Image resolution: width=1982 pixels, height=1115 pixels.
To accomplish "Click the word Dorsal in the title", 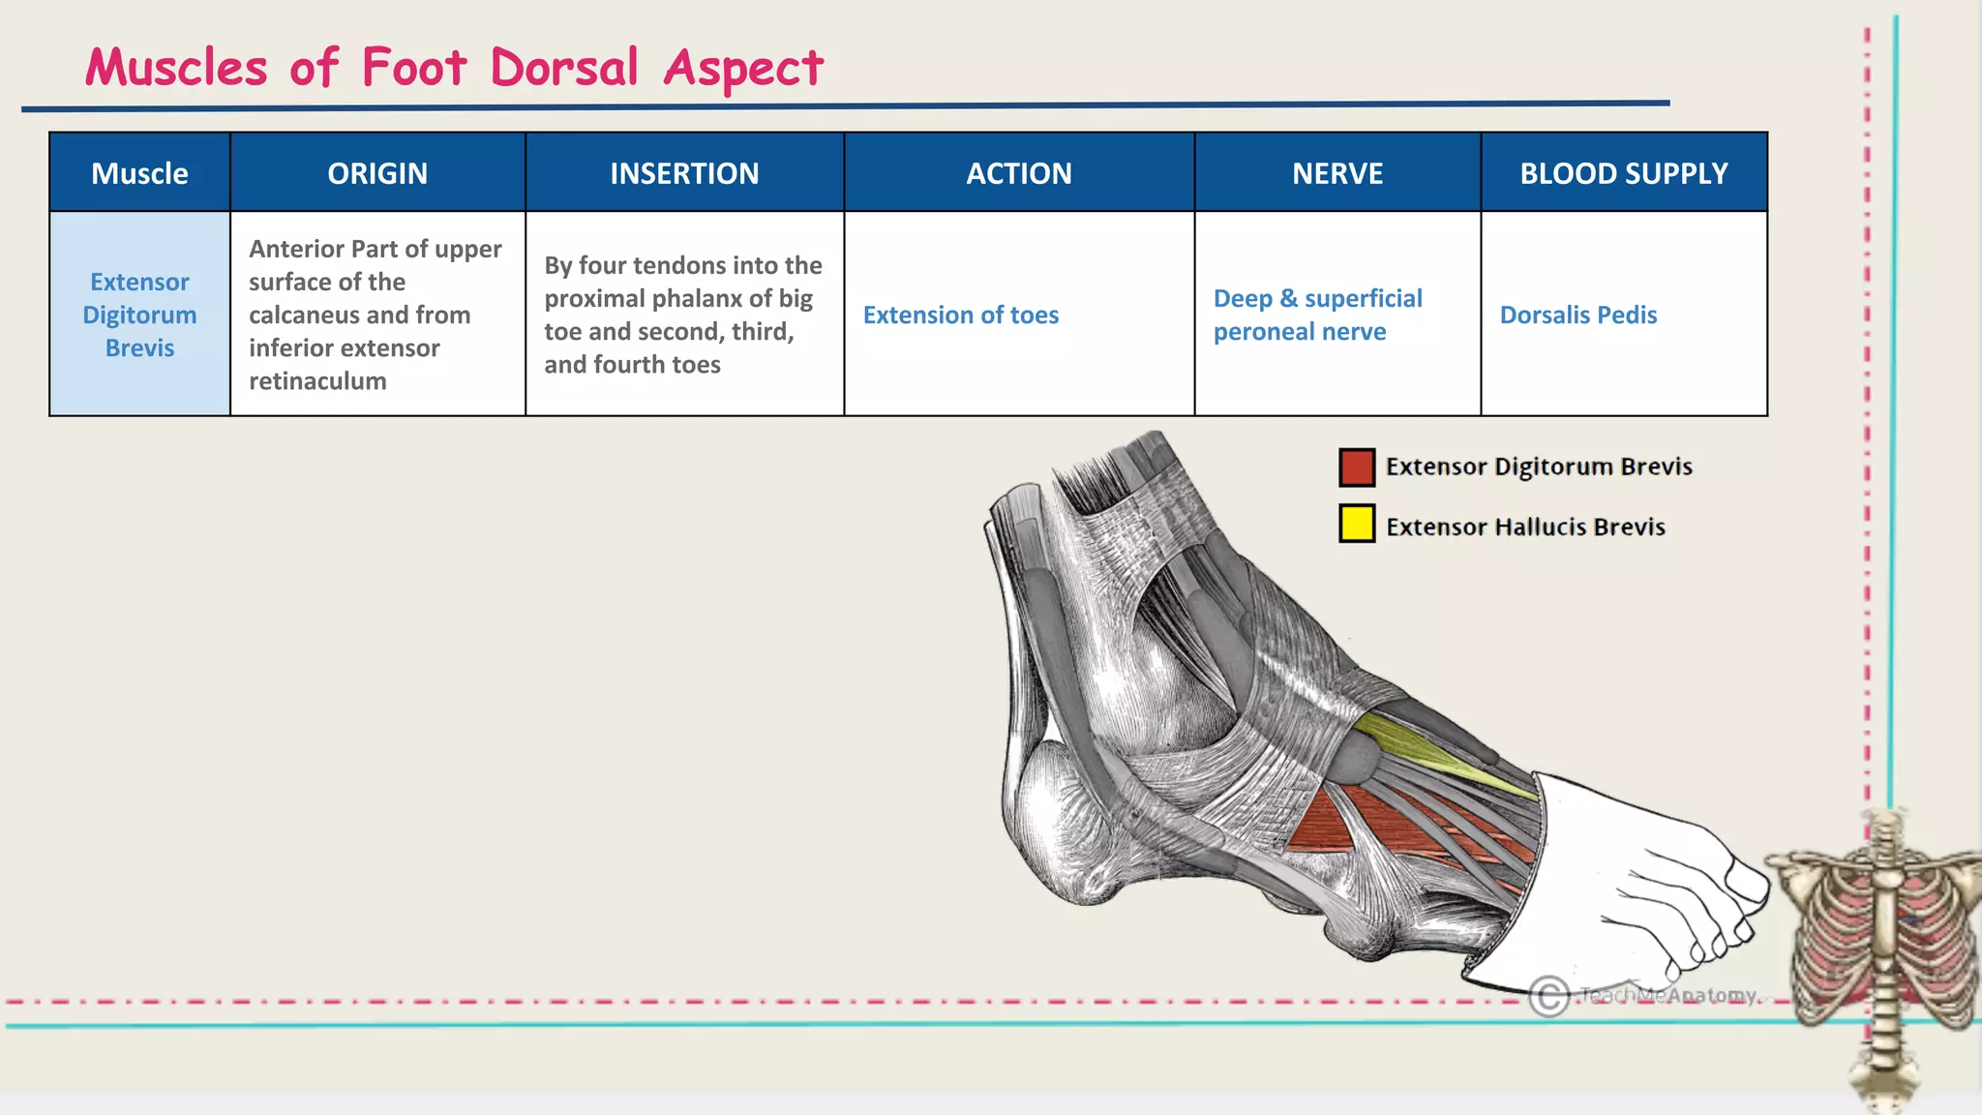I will [x=564, y=68].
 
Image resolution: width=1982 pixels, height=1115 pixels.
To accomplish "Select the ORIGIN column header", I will [x=377, y=173].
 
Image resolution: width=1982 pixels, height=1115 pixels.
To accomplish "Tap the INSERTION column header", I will [x=684, y=173].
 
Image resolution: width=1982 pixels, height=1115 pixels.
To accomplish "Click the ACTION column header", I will [x=1019, y=173].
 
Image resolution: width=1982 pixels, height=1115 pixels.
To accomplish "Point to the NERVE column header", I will [x=1337, y=173].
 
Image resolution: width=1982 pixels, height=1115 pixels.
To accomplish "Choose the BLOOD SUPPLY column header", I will [x=1623, y=173].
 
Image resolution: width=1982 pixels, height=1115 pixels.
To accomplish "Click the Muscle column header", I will [x=139, y=173].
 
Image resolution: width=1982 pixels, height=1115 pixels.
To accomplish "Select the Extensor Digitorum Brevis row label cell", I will [x=139, y=315].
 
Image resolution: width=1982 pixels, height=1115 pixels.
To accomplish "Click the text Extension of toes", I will [x=960, y=315].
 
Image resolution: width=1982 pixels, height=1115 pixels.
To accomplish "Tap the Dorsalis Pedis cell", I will [x=1577, y=315].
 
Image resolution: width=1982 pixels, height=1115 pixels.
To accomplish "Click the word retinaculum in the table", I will [x=317, y=380].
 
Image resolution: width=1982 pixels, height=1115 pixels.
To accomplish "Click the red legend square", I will [x=1357, y=467].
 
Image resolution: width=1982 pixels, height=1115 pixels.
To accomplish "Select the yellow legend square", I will [x=1357, y=524].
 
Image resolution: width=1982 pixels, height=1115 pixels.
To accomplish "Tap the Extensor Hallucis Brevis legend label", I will [x=1525, y=527].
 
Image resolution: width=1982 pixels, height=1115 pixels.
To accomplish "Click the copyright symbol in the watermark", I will [x=1548, y=996].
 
